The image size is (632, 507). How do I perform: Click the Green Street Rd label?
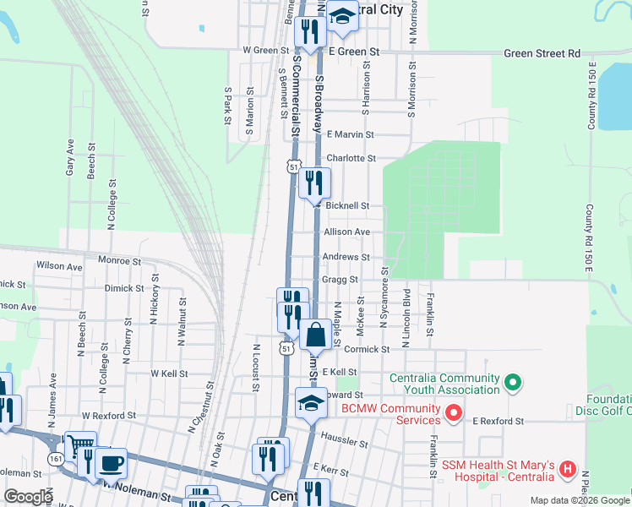pos(542,53)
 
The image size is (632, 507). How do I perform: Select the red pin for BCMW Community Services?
pos(453,413)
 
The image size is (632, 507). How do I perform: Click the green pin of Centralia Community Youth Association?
pos(510,383)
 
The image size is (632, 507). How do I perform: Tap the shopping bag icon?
pos(315,335)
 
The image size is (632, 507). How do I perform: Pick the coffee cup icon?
pos(111,462)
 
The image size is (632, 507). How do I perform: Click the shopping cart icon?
pos(80,445)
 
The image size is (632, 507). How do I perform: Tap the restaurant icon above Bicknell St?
pos(314,182)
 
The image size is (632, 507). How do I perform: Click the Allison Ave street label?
pos(346,232)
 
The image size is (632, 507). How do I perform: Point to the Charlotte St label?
pos(350,158)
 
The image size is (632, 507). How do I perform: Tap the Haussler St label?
pos(346,441)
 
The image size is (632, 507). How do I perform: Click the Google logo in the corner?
pos(28,497)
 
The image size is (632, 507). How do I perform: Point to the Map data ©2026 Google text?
pos(580,500)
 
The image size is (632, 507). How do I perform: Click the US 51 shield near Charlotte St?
pos(292,167)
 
